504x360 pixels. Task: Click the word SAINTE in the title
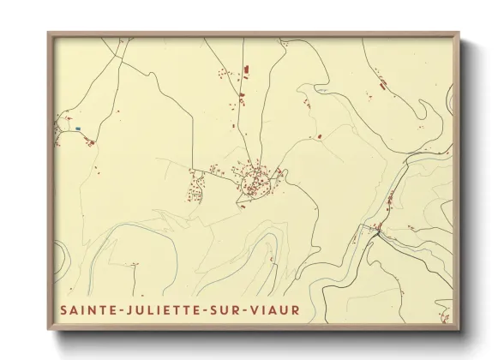(86, 309)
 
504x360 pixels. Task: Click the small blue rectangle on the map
(77, 129)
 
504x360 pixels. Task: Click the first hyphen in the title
(117, 309)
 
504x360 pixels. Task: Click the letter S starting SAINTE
(63, 309)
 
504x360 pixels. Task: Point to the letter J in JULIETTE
(125, 309)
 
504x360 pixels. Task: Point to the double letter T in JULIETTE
(181, 309)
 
